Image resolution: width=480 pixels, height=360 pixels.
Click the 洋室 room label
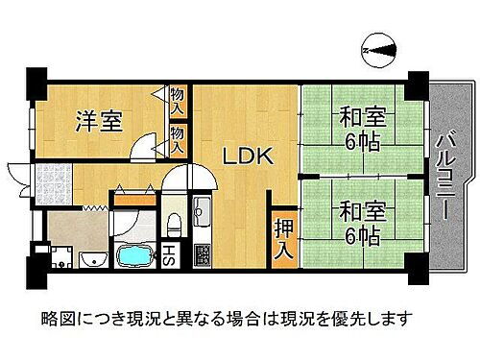(x=98, y=122)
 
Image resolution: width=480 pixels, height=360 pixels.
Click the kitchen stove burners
(x=204, y=253)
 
